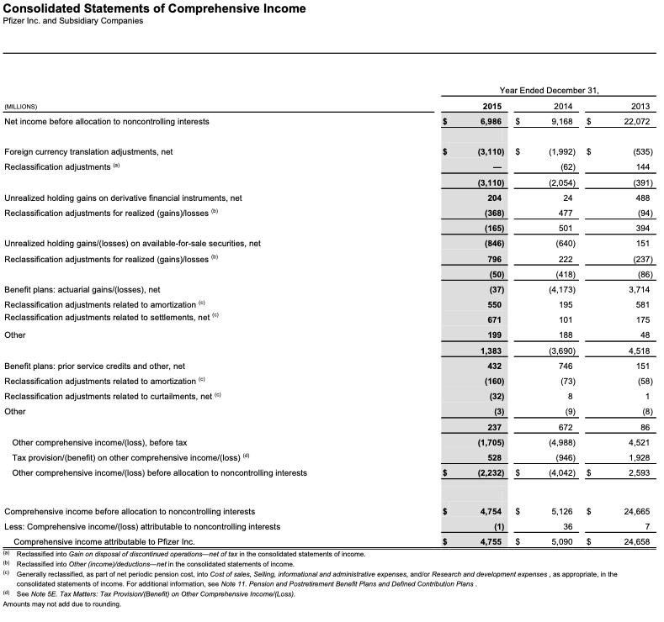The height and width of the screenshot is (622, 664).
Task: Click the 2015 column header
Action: pos(491,106)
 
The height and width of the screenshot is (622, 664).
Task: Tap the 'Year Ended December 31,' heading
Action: pos(548,90)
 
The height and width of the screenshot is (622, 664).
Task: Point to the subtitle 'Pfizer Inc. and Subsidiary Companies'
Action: pos(73,21)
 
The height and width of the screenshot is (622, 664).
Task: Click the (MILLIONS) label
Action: pos(21,107)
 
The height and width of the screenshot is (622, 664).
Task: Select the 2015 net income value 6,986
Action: pos(490,122)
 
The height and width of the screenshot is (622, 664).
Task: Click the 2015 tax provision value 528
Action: pos(495,457)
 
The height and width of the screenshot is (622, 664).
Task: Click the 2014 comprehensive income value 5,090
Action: pos(561,542)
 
